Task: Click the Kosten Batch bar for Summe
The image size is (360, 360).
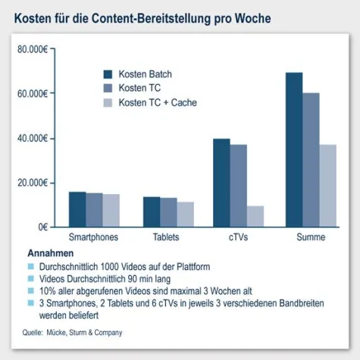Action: click(x=293, y=150)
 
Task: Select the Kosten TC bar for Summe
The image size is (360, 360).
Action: click(x=311, y=160)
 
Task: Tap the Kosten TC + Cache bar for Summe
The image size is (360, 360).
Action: click(x=328, y=186)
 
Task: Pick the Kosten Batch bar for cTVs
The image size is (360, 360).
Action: click(x=221, y=183)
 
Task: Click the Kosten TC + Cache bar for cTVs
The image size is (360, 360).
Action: click(x=256, y=216)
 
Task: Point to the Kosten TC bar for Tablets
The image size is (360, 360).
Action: click(x=168, y=212)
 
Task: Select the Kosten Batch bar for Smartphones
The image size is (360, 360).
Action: click(x=77, y=209)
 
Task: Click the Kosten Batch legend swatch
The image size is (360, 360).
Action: click(x=108, y=74)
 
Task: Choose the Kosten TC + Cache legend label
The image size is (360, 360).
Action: click(x=158, y=102)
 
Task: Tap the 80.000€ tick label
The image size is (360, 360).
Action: click(x=33, y=50)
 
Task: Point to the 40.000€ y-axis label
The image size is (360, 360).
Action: click(x=33, y=139)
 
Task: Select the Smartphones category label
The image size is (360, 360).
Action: click(x=94, y=237)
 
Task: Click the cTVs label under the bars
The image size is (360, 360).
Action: click(x=238, y=237)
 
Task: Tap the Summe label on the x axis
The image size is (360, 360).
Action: click(x=310, y=237)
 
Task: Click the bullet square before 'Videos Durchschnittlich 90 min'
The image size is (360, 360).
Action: click(x=30, y=278)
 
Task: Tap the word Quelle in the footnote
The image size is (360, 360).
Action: click(x=33, y=332)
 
